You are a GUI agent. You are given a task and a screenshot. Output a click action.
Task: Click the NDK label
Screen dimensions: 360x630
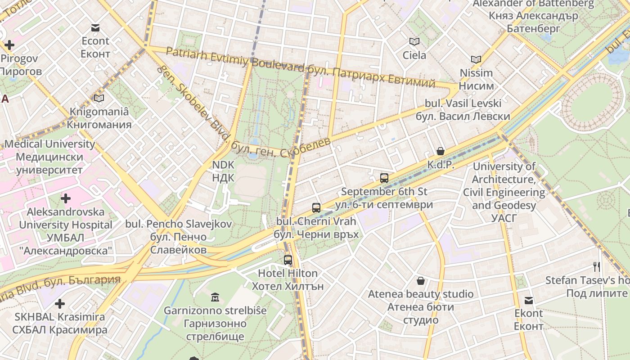(223, 171)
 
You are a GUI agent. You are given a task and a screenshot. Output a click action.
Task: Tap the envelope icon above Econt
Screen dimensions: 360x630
(95, 28)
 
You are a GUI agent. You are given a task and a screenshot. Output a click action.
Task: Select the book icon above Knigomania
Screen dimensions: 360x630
(99, 98)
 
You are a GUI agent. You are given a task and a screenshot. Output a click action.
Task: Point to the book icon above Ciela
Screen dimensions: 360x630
(414, 42)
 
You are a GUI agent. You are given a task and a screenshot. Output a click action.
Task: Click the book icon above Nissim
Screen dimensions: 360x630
(476, 59)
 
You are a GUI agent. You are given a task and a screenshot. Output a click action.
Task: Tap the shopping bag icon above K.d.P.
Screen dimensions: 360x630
(441, 151)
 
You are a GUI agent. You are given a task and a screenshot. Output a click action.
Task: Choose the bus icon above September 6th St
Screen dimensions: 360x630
(384, 178)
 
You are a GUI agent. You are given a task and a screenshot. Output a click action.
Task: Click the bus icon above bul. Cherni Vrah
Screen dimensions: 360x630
(316, 208)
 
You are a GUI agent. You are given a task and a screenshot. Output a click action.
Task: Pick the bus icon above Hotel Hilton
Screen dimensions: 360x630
(288, 260)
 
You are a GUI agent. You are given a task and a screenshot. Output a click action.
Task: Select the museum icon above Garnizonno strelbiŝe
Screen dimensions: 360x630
(215, 297)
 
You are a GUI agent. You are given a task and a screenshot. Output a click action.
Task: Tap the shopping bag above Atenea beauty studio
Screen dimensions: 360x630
(421, 281)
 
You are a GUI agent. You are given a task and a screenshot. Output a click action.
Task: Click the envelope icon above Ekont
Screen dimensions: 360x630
(529, 300)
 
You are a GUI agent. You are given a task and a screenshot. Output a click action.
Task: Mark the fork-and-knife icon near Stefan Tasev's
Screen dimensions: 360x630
(597, 266)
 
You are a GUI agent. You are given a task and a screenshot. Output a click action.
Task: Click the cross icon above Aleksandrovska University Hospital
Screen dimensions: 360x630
(66, 198)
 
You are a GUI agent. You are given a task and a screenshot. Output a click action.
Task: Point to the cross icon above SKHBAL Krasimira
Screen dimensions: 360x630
(59, 304)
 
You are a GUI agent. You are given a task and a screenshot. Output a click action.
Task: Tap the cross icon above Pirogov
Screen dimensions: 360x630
(9, 45)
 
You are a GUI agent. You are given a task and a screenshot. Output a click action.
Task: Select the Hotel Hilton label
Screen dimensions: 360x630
(288, 279)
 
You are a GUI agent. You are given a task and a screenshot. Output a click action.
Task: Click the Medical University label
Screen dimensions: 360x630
(49, 157)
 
